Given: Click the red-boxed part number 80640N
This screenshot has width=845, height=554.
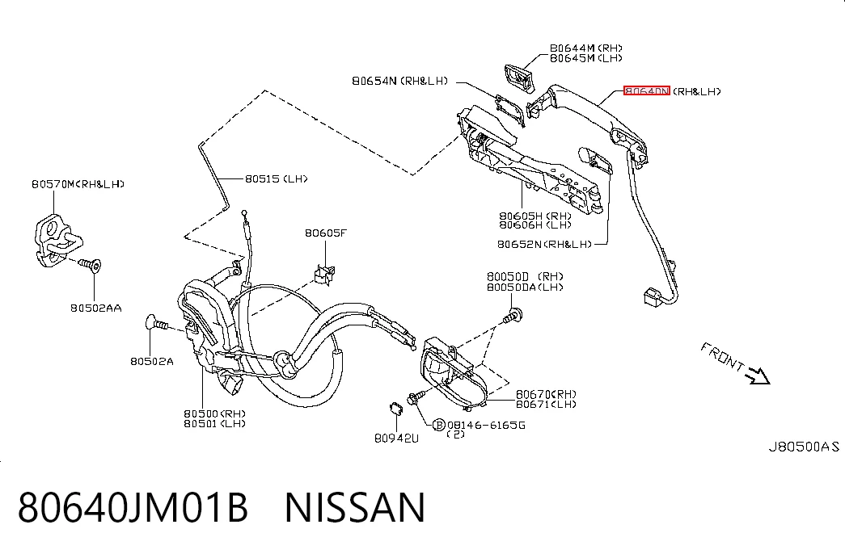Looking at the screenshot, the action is pyautogui.click(x=647, y=91).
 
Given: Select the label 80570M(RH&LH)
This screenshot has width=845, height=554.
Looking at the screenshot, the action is pyautogui.click(x=78, y=184).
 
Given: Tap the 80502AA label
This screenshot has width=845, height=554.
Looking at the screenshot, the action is pyautogui.click(x=96, y=308).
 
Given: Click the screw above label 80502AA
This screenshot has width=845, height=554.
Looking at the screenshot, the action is pyautogui.click(x=90, y=265).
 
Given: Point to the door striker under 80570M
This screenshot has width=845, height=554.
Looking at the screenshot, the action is pyautogui.click(x=56, y=241).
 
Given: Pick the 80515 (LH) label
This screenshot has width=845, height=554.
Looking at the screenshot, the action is pyautogui.click(x=276, y=178).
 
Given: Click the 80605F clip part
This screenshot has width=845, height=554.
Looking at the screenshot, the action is pyautogui.click(x=324, y=274).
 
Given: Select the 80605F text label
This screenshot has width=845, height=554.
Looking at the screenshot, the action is pyautogui.click(x=326, y=233).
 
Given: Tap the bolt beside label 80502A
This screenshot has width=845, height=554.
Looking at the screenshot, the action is pyautogui.click(x=157, y=324).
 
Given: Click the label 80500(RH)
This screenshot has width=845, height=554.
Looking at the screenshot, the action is pyautogui.click(x=214, y=413).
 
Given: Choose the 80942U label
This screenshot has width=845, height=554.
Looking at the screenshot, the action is pyautogui.click(x=396, y=439).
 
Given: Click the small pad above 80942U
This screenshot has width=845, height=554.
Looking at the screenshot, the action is pyautogui.click(x=396, y=408).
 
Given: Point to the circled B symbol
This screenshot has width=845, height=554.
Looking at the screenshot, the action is pyautogui.click(x=439, y=425).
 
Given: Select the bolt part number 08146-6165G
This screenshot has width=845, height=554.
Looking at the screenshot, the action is pyautogui.click(x=486, y=426).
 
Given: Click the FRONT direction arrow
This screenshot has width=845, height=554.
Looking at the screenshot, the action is pyautogui.click(x=758, y=376).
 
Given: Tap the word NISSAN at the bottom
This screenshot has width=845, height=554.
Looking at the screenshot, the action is pyautogui.click(x=355, y=507).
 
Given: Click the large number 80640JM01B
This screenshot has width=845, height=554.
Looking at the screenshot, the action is pyautogui.click(x=133, y=507).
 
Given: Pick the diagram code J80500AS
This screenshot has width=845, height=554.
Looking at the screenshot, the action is pyautogui.click(x=804, y=447).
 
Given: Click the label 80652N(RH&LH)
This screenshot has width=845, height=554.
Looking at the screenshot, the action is pyautogui.click(x=544, y=245).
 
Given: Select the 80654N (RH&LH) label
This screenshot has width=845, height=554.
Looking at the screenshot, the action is pyautogui.click(x=400, y=81).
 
